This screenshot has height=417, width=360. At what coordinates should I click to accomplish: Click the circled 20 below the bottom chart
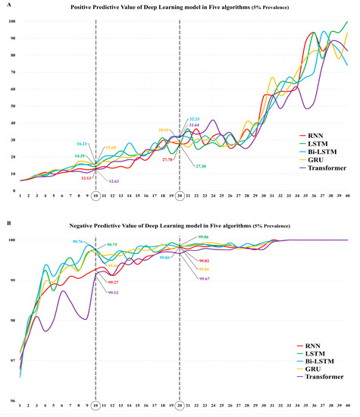[179, 407]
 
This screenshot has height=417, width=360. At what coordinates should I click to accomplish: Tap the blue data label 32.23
[193, 120]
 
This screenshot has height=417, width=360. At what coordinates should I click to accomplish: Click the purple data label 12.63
[115, 181]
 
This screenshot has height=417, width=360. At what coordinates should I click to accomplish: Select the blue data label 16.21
[83, 143]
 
